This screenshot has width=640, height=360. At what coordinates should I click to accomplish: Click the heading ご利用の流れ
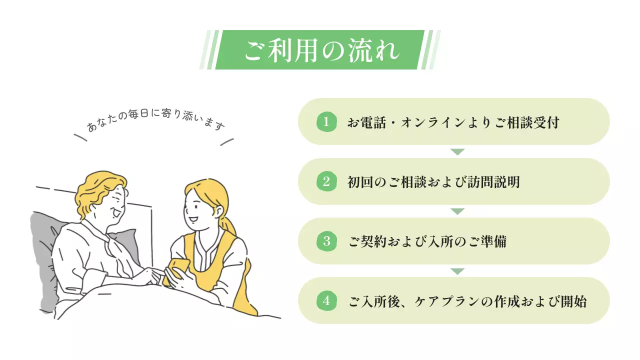(320, 50)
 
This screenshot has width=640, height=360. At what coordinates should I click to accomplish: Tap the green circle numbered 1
(326, 122)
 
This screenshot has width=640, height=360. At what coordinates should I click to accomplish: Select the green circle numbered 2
(326, 181)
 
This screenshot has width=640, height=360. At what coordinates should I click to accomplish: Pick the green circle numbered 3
(326, 241)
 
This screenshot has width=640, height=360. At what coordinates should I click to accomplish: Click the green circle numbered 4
(326, 301)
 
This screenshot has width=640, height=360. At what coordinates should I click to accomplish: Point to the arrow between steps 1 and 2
(457, 152)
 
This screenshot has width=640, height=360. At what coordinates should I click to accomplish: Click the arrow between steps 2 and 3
(457, 211)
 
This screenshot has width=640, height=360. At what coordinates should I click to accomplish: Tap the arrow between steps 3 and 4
(457, 271)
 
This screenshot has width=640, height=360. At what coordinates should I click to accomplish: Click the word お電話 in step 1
(367, 122)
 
